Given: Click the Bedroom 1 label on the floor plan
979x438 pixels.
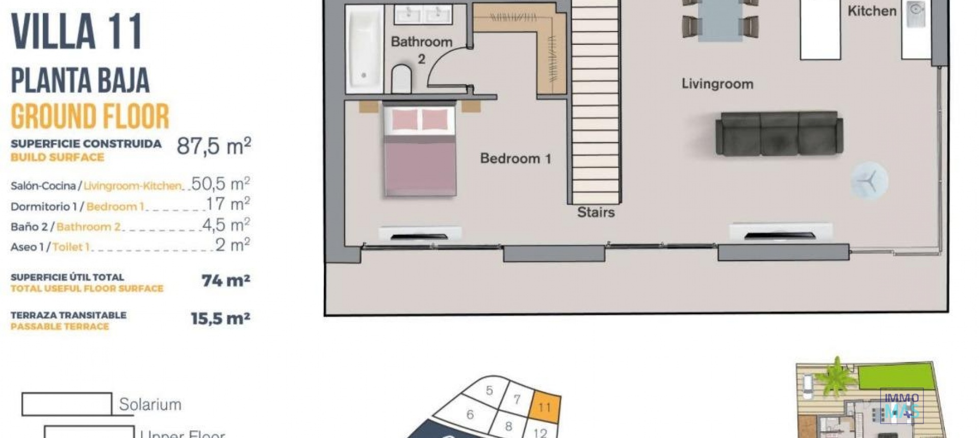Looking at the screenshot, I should click(515, 158).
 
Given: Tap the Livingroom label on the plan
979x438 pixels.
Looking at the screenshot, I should click(717, 84).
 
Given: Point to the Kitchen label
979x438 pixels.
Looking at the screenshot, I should click(871, 11).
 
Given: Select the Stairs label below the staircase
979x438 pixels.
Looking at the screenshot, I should click(596, 212).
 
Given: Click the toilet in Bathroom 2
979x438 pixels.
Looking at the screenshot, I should click(401, 78).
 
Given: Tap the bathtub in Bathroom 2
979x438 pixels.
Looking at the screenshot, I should click(364, 49).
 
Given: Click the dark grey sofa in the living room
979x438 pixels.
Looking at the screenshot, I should click(779, 133).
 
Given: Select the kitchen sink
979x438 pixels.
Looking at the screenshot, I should click(916, 12).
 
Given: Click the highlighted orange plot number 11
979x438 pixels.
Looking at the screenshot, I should click(545, 407).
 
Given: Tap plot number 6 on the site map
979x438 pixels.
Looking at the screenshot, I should click(470, 415).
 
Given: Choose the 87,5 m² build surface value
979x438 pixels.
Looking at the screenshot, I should click(214, 146).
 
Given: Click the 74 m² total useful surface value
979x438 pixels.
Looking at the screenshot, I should click(225, 281).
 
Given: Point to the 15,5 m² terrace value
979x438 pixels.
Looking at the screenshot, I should click(220, 319).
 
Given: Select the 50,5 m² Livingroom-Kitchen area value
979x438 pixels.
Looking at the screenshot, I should click(220, 184).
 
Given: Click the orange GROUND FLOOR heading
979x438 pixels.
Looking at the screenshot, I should click(90, 117).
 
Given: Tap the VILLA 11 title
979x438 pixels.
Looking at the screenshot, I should click(76, 32).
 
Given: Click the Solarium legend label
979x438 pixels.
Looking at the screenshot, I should click(150, 404).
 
